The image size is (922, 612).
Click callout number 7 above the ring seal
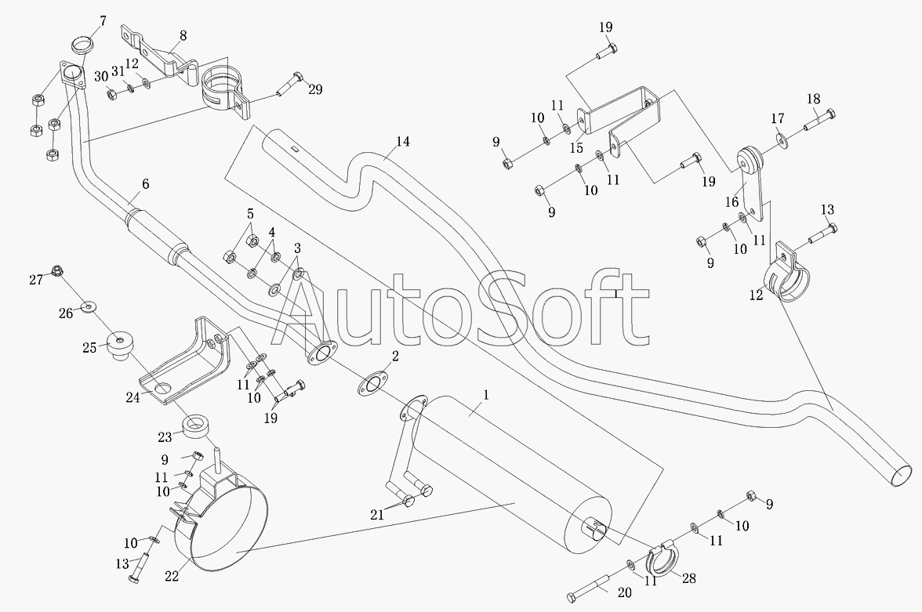pos(103,22)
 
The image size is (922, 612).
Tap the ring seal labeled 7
pos(83,45)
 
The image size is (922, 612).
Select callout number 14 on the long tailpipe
pos(403,141)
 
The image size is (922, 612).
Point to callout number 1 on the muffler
pos(486,395)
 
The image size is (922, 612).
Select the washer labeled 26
pos(88,306)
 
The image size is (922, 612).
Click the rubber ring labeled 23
pos(194,426)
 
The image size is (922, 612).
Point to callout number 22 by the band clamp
pos(171,576)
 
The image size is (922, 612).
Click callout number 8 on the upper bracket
pos(183,35)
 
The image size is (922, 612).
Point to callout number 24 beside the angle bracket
pos(132,397)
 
